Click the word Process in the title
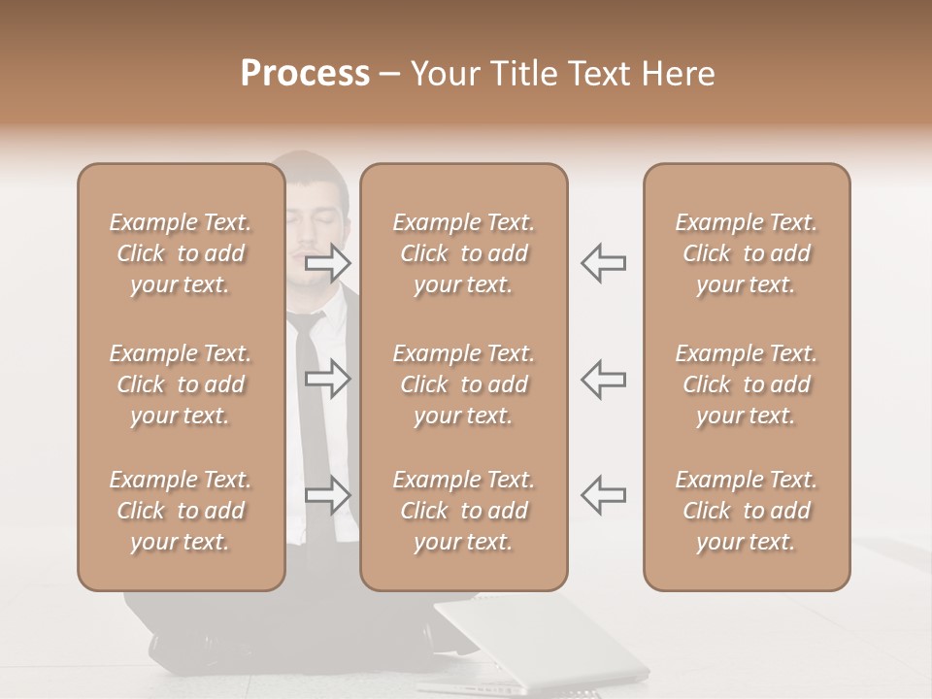[x=305, y=74]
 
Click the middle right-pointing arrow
[x=328, y=379]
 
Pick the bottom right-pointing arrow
[x=328, y=495]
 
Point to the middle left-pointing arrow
[x=604, y=379]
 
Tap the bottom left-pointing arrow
[x=604, y=495]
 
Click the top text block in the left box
[x=181, y=253]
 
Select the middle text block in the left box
[x=181, y=384]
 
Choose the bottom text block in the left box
[x=181, y=511]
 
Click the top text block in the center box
[x=463, y=253]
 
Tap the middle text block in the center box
[x=463, y=384]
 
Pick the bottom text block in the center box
[x=463, y=511]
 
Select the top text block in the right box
[x=746, y=253]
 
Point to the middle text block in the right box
[x=746, y=384]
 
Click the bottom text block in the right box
[x=746, y=511]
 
